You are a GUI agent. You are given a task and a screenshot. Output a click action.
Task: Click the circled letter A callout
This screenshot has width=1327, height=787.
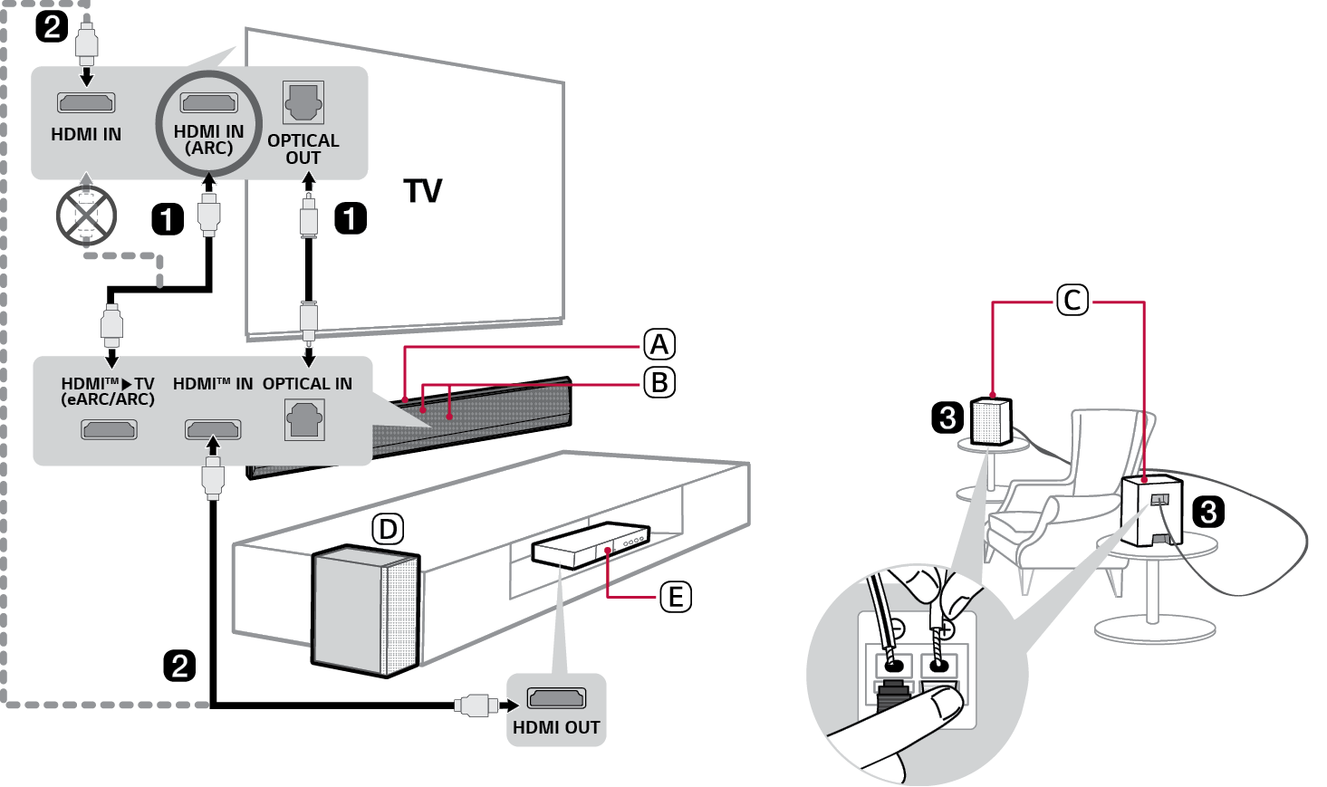coord(659,345)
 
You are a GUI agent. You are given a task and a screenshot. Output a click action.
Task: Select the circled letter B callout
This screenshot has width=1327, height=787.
coord(659,383)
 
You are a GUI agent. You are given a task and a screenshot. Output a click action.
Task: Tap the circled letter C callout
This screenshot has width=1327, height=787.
coord(1072,300)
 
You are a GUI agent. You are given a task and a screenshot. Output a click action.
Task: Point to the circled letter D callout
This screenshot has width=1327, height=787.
coord(388,530)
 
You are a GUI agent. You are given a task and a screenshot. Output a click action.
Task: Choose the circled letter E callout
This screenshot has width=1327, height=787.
coord(675,598)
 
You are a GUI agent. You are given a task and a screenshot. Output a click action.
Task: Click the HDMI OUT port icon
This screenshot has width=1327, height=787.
coord(556,698)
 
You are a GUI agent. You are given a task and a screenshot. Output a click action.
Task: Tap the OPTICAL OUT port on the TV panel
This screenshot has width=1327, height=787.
coord(303,103)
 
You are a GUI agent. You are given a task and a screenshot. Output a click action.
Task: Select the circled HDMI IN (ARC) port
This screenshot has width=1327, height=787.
coord(209,102)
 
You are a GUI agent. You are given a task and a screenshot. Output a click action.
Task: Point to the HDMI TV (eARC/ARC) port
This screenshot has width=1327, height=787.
coord(109,428)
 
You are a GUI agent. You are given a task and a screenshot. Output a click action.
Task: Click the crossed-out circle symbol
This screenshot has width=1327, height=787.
coord(86,216)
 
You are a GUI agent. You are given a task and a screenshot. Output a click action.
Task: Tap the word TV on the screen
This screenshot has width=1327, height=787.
coord(423,191)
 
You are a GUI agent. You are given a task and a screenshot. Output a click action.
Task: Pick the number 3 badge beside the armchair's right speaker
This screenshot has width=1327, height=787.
coord(1207,512)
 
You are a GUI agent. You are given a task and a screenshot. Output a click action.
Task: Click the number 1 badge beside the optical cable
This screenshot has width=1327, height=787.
coord(351,218)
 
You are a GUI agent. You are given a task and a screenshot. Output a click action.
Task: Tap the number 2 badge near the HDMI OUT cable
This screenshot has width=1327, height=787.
coord(179,666)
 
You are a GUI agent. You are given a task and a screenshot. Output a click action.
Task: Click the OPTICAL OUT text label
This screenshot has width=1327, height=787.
coord(303,149)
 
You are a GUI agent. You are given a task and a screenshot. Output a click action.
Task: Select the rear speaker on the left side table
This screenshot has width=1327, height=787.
coord(991,421)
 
